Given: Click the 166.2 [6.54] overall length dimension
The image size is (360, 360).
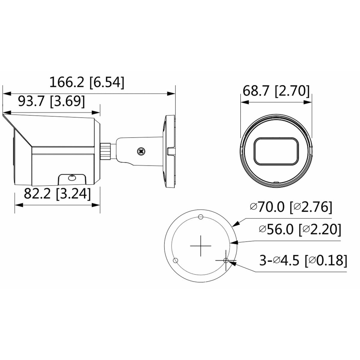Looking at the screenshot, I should point(86,82).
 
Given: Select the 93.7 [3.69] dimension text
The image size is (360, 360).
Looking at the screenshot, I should point(51,102).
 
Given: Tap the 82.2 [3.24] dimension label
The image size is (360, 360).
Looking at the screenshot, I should point(57,194).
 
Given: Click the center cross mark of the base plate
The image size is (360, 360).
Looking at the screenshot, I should point(201,246).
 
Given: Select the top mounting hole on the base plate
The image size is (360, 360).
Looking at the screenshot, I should point(201,217).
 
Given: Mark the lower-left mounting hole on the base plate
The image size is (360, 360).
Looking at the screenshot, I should point(176,260).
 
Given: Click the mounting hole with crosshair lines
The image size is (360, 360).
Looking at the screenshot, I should point(226,260).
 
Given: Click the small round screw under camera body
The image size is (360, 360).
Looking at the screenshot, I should point(71,178).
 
